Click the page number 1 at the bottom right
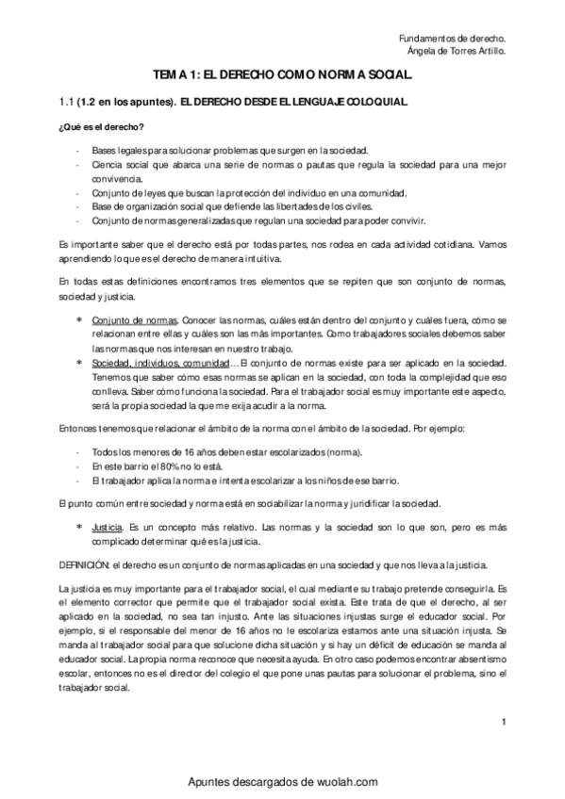(506, 723)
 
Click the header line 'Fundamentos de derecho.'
(452, 38)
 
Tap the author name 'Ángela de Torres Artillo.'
(450, 52)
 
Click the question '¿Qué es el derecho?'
(97, 128)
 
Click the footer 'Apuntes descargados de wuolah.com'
(282, 781)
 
